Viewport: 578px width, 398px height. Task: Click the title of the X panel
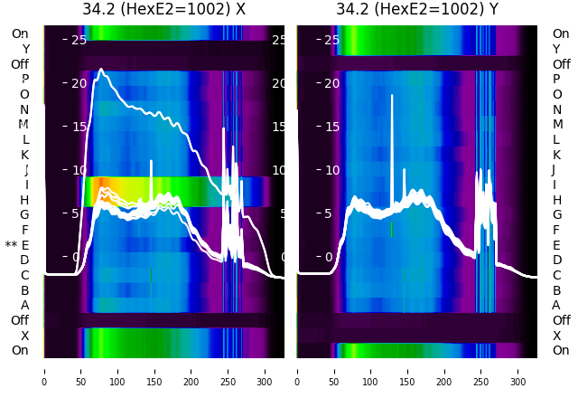pos(163,10)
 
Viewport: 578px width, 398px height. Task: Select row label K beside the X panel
pos(25,155)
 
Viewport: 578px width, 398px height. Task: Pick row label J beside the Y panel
pos(553,170)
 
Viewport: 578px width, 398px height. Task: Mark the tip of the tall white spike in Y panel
pos(392,95)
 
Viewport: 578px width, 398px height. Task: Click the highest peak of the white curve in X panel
pos(101,69)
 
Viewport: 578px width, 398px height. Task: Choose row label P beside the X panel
pos(25,80)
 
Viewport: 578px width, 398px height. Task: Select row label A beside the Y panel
pos(556,306)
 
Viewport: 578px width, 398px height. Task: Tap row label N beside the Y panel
pos(556,109)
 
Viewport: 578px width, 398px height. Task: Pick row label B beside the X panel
pos(25,290)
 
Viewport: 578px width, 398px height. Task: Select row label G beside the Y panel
pos(556,215)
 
